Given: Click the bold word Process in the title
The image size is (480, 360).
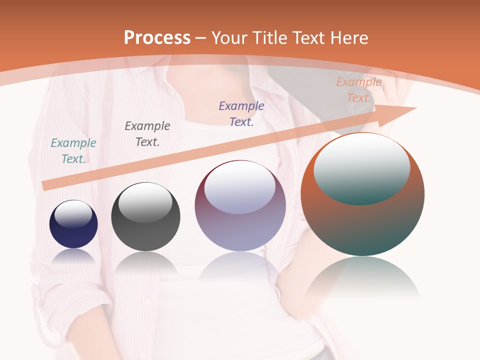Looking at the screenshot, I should [x=157, y=38].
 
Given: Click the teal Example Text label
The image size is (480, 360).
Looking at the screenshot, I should [x=73, y=151].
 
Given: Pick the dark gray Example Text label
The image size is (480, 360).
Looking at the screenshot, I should [x=147, y=134].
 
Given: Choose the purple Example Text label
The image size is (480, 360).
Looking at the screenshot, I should [x=241, y=114].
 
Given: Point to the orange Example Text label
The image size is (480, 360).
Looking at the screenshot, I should [x=359, y=90].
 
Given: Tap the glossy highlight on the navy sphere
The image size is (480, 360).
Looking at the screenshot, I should [x=73, y=213].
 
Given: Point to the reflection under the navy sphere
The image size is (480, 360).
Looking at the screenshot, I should [x=73, y=256].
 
